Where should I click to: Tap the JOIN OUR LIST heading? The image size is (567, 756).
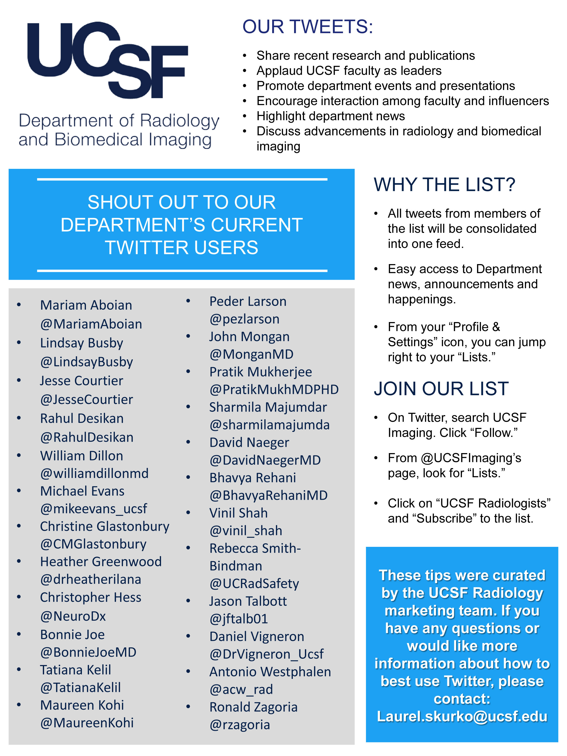[441, 389]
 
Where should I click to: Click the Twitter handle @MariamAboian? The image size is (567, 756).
[91, 324]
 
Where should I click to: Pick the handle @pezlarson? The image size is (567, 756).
[244, 319]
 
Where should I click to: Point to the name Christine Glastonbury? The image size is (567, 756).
[105, 526]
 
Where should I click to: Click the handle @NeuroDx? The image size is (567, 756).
[73, 616]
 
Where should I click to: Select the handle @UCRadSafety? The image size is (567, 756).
[254, 584]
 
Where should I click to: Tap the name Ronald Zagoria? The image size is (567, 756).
[253, 707]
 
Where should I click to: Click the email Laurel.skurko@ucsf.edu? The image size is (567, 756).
[462, 716]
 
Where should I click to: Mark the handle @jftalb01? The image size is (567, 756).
[239, 619]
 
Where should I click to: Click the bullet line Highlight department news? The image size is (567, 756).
[330, 116]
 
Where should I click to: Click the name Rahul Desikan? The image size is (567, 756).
[82, 418]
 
